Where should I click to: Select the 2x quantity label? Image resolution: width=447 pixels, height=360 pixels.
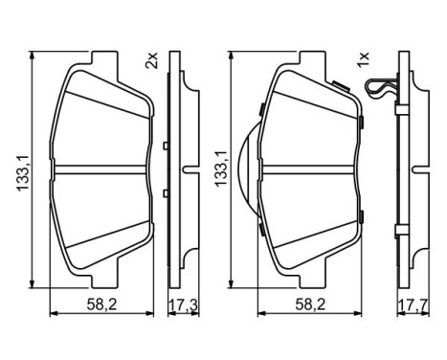149,62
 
